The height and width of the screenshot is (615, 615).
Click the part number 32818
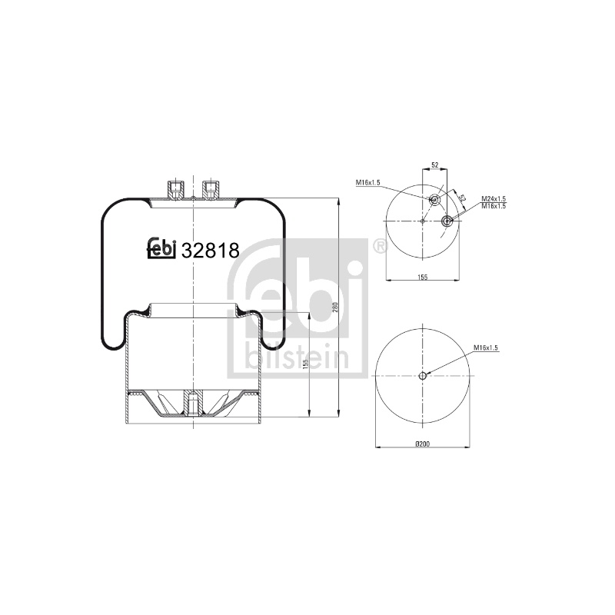point(210,251)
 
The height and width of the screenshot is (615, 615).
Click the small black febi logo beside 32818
point(161,248)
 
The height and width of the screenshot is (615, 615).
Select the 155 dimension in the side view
point(306,364)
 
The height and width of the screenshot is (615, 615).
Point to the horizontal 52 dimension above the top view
point(434,165)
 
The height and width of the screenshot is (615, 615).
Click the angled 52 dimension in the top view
point(462,198)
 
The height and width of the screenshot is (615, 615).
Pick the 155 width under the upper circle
point(422,277)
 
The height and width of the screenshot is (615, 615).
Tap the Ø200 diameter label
point(422,444)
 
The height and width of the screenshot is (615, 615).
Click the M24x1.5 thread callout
point(494,200)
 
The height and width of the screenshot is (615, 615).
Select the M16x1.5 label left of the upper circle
point(367,182)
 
